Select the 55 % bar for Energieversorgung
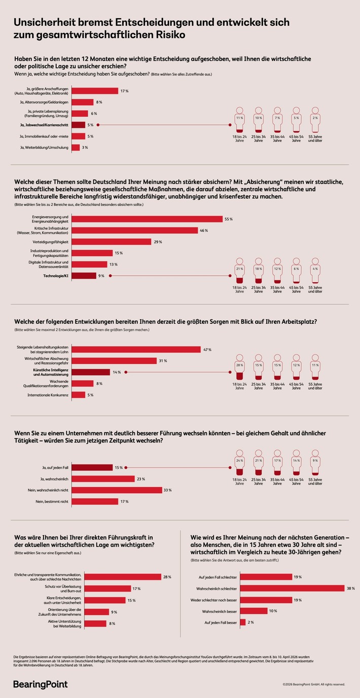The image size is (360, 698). tap(147, 219)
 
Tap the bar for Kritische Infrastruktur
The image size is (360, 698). tap(134, 230)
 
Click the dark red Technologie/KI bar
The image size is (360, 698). tap(84, 276)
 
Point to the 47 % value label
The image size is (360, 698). tap(207, 350)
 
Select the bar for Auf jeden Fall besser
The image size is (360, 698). tap(243, 622)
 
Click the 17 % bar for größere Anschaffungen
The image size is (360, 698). tap(94, 91)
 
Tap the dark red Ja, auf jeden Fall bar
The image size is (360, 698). tap(92, 467)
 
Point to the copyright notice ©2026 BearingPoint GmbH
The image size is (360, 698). tap(314, 684)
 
